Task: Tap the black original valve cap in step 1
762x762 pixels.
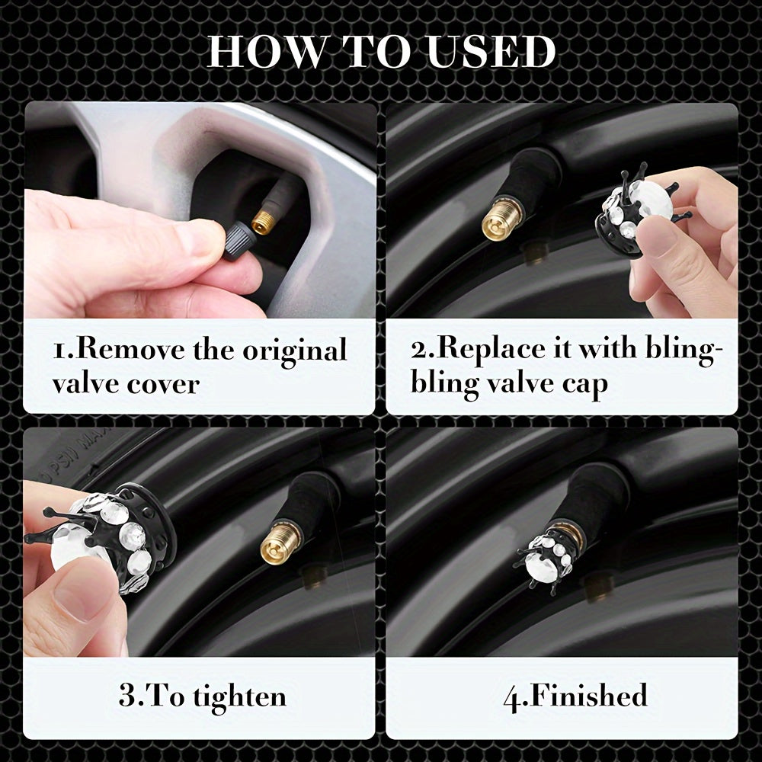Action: (x=238, y=241)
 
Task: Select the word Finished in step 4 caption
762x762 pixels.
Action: (x=587, y=696)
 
